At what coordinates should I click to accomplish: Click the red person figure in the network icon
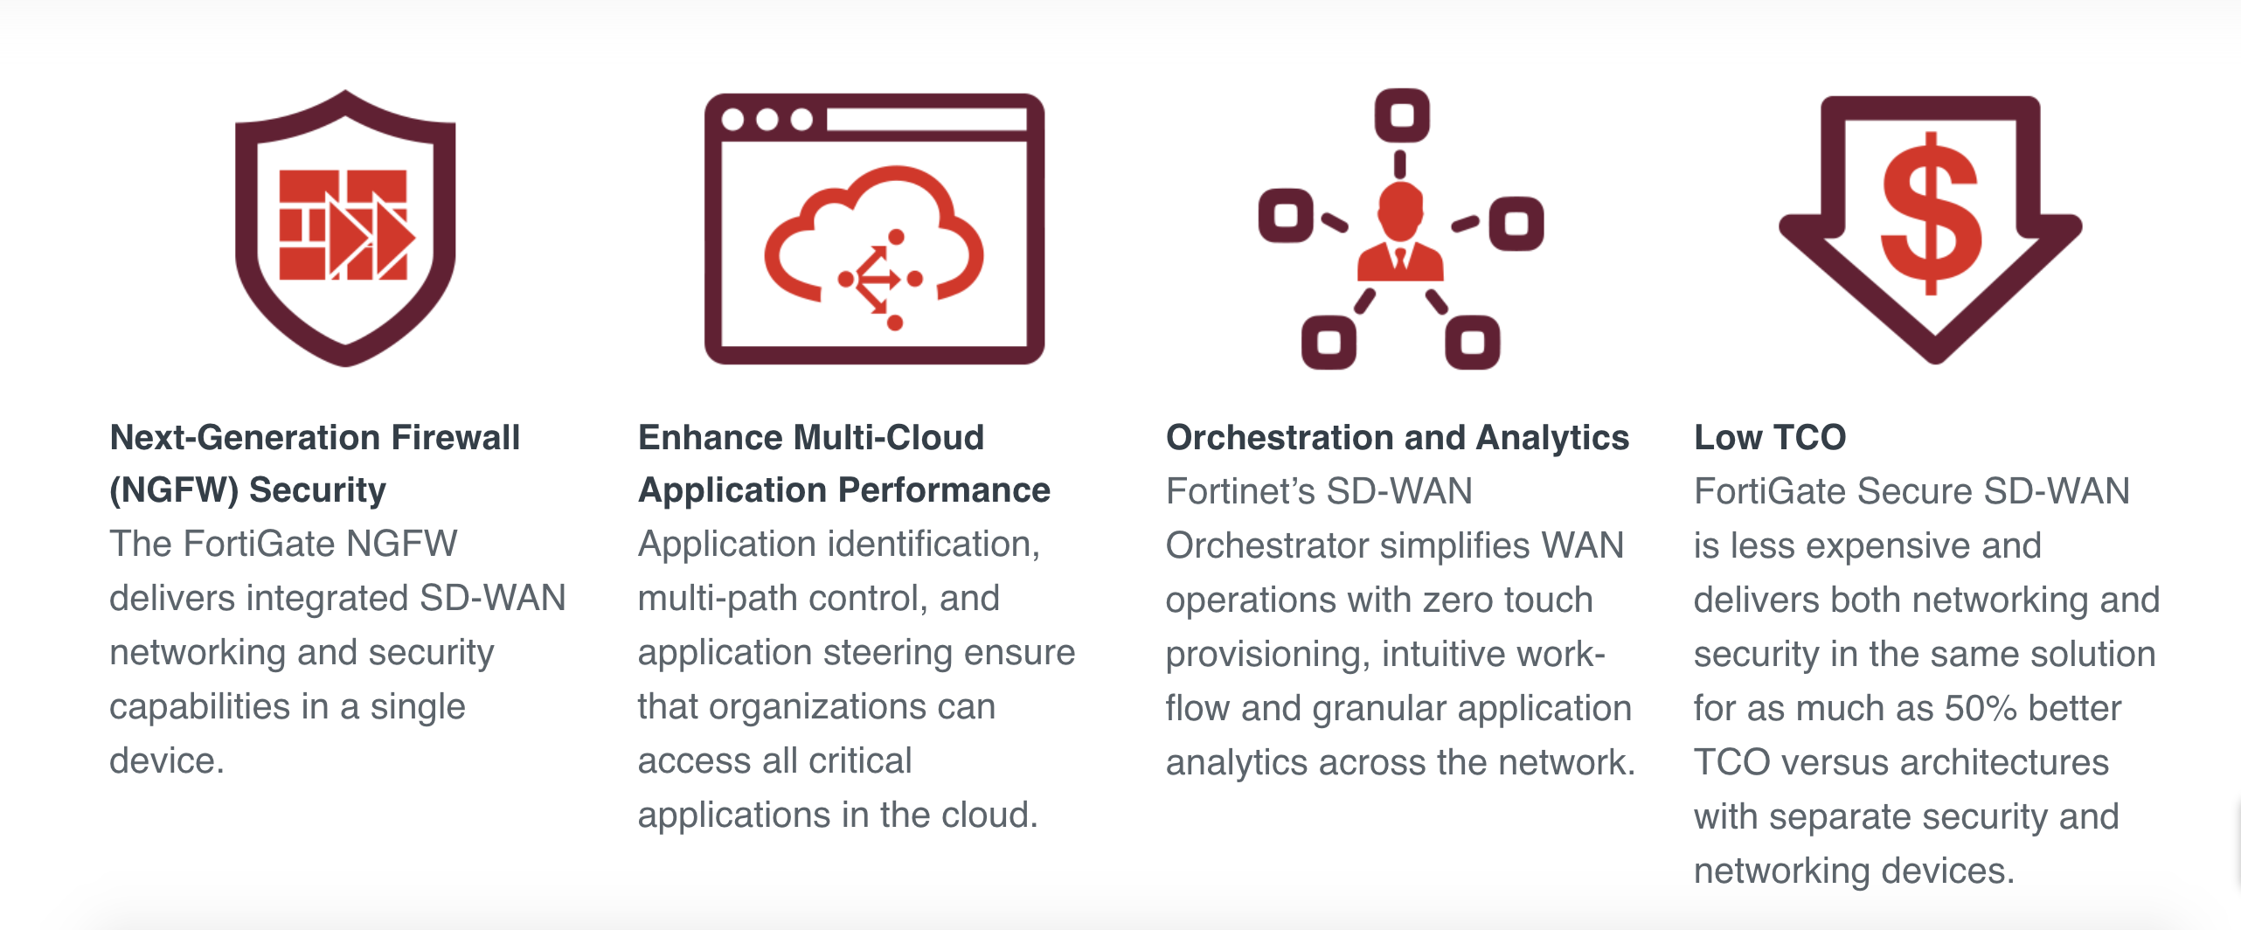pos(1400,232)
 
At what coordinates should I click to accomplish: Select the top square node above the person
pos(1402,115)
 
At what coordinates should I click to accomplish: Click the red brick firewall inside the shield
pos(343,225)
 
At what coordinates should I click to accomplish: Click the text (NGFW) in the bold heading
pos(174,490)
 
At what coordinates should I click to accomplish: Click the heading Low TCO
pos(1770,437)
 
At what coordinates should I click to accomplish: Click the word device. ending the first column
pos(167,760)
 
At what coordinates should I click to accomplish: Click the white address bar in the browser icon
pos(926,120)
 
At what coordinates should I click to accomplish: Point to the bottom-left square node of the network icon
pos(1329,342)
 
